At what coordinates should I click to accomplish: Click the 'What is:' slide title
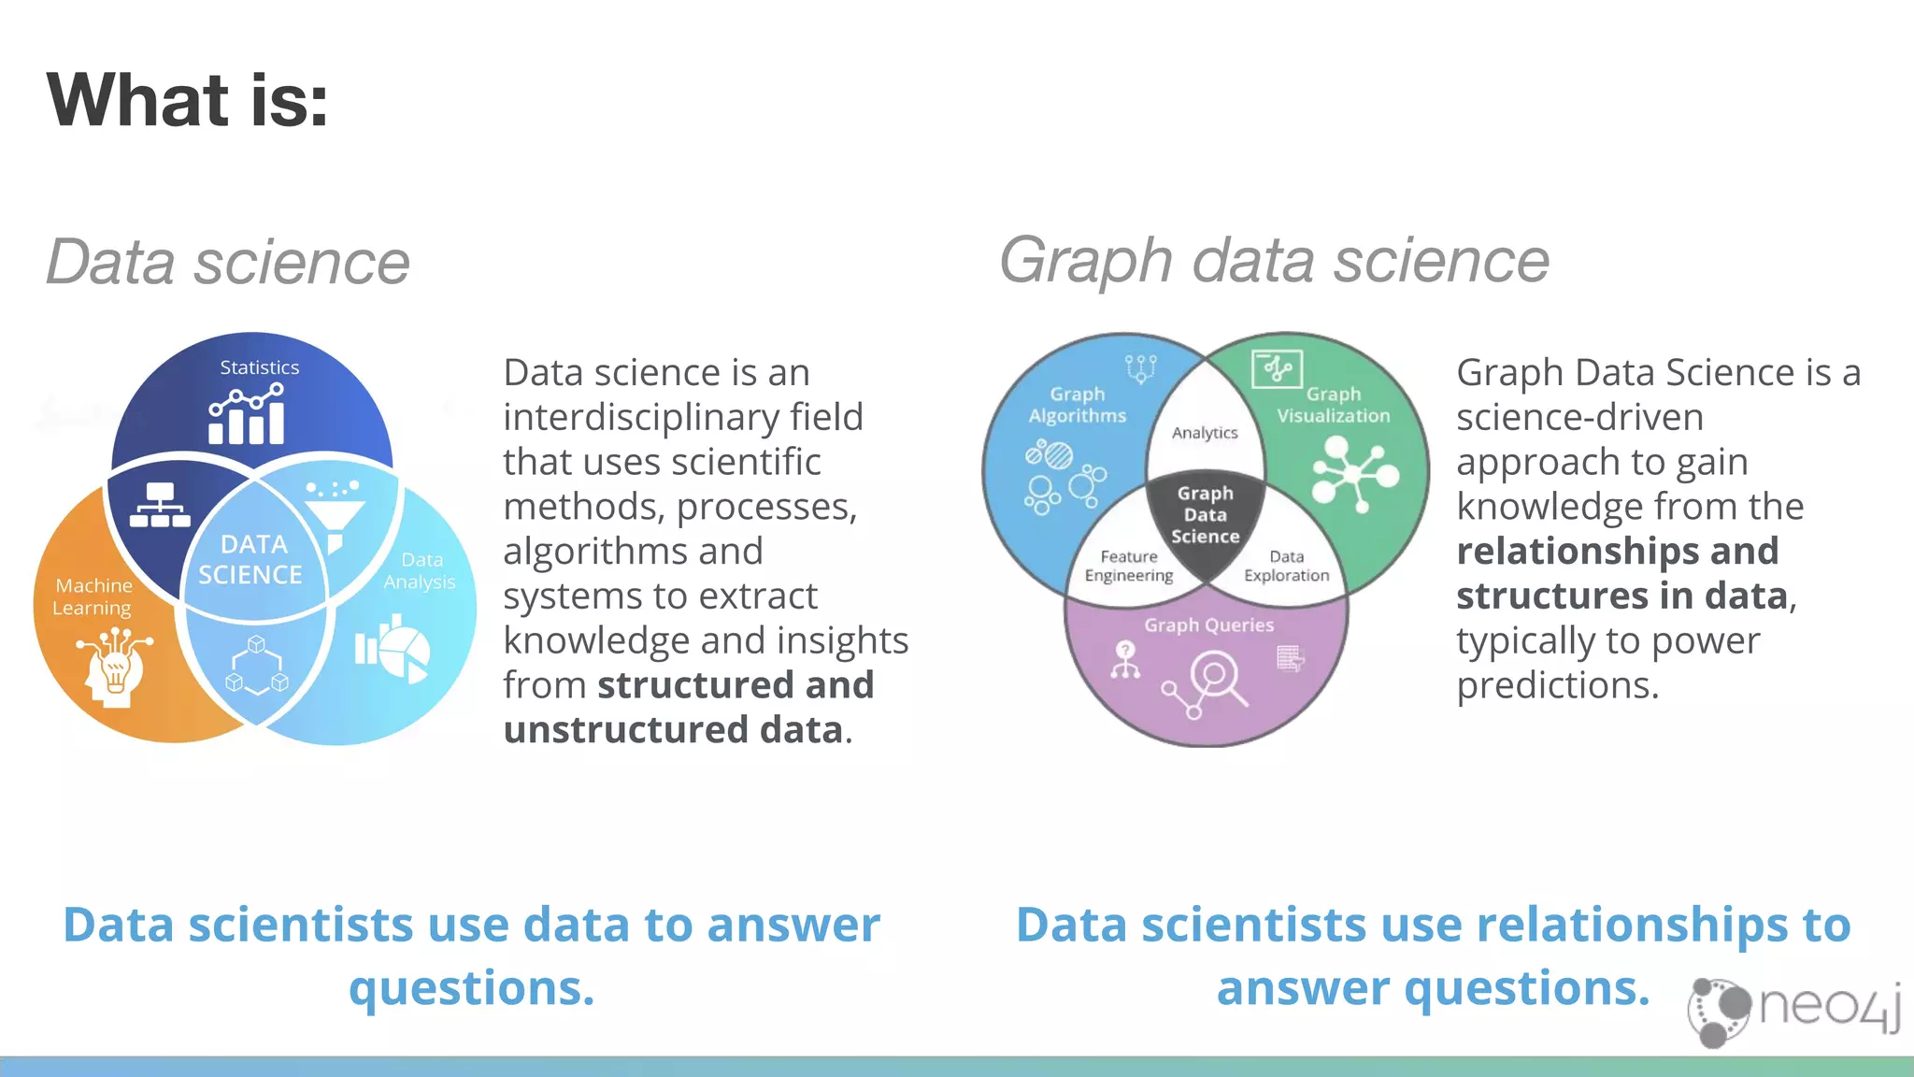pos(187,100)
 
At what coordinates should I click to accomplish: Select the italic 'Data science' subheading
pos(227,262)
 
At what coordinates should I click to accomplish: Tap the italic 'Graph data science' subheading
pos(1274,260)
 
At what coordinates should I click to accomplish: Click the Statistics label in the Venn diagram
pos(259,367)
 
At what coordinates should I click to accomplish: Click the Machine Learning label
pos(93,596)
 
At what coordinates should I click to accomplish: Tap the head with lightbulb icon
pos(114,668)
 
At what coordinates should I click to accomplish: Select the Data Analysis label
pos(420,570)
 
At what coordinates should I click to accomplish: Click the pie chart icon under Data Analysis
pos(393,649)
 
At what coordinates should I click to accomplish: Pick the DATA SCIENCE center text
pos(250,559)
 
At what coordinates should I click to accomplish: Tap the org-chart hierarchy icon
pos(160,506)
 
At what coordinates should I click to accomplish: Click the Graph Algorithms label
pos(1078,405)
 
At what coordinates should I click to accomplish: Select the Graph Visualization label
pos(1334,405)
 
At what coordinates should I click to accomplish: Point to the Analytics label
pos(1205,433)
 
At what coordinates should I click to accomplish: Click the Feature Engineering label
pos(1128,566)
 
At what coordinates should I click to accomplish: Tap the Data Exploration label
pos(1286,566)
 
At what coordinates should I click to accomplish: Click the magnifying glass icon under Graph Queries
pos(1216,678)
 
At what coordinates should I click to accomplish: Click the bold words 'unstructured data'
pos(673,730)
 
